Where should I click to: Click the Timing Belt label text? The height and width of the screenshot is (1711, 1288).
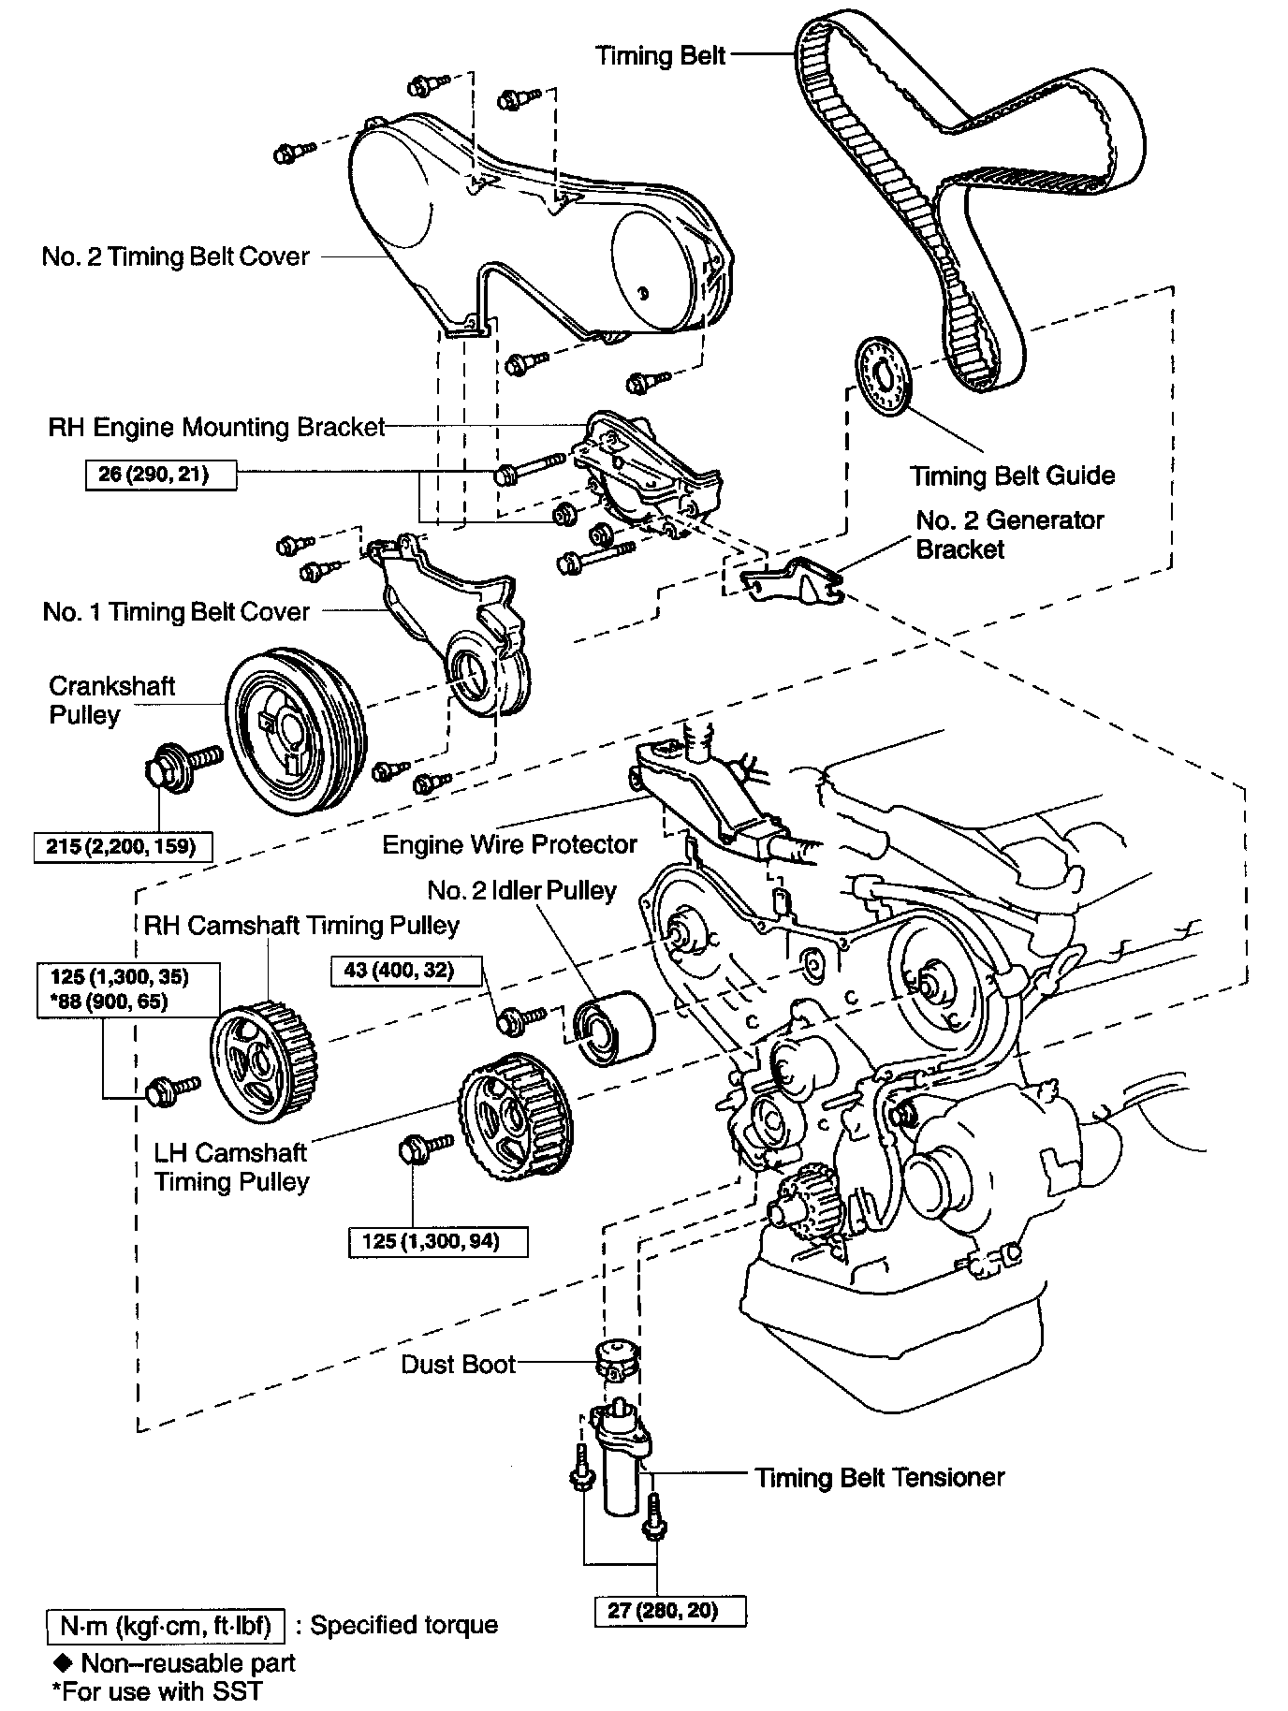[x=661, y=56]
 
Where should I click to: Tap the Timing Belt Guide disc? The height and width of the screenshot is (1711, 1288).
[x=884, y=373]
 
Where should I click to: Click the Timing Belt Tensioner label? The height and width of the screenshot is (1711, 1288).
[x=880, y=1478]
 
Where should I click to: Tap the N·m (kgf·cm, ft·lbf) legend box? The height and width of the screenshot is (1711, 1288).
[x=165, y=1626]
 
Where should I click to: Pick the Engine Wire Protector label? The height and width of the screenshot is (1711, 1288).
[x=509, y=845]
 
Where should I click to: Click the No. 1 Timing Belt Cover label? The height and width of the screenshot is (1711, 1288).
[x=176, y=612]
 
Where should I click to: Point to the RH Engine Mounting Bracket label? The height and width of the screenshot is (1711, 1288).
[x=217, y=428]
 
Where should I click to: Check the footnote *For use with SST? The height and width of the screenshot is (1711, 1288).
[x=156, y=1690]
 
